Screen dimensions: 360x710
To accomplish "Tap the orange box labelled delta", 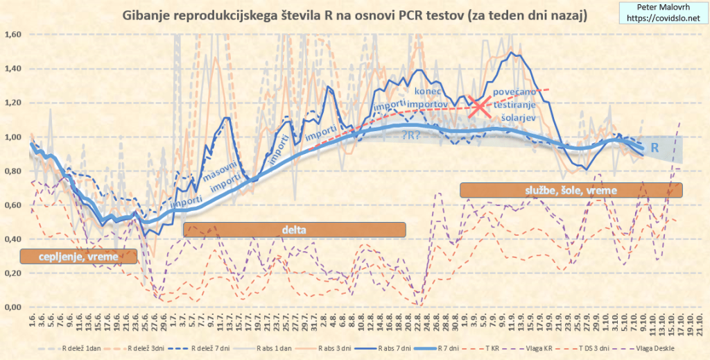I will [x=294, y=230].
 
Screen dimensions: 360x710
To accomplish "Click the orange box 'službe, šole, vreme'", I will [x=571, y=189].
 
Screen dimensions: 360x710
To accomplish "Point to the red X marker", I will [x=478, y=107].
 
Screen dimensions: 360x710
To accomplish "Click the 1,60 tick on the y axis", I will [x=14, y=35].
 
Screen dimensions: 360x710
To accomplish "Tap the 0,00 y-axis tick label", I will [x=14, y=307].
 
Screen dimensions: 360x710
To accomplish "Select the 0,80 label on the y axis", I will [x=14, y=171].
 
